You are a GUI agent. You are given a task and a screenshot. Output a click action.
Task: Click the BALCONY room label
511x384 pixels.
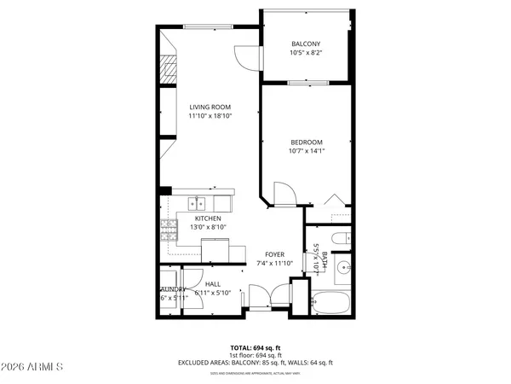306,44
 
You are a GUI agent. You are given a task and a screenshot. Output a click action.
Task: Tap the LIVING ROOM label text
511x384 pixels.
210,107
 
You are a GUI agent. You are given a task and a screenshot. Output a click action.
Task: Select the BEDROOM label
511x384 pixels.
306,142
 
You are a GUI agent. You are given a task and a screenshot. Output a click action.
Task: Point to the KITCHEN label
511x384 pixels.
208,218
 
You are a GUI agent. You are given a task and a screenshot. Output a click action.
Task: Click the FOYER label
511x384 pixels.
274,254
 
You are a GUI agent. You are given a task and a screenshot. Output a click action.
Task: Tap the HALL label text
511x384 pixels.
212,284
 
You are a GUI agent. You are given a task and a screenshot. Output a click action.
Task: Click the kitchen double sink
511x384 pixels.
198,203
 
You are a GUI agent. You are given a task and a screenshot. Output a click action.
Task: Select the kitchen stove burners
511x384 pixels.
168,228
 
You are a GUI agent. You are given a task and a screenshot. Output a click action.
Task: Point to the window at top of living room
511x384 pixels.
209,26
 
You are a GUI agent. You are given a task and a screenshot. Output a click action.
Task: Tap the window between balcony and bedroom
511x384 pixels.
304,83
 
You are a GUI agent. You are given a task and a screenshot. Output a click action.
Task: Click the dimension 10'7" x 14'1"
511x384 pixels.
306,151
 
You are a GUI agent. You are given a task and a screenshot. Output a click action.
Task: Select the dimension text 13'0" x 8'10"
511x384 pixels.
208,227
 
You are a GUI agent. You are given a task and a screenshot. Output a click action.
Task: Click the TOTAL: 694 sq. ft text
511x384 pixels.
255,348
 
